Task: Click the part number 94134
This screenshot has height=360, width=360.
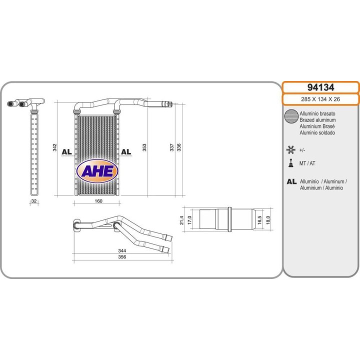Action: point(320,87)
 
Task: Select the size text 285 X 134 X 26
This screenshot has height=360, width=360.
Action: point(320,99)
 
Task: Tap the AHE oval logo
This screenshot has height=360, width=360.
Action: point(97,171)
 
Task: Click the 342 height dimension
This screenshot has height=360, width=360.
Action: point(54,147)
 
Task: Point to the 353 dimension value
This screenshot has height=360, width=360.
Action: point(144,147)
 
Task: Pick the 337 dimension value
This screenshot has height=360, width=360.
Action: point(171,147)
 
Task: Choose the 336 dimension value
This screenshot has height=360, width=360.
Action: point(179,147)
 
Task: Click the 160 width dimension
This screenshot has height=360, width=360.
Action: point(98,201)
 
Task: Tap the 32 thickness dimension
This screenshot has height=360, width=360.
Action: point(34,201)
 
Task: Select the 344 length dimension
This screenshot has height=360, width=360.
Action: point(122,250)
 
